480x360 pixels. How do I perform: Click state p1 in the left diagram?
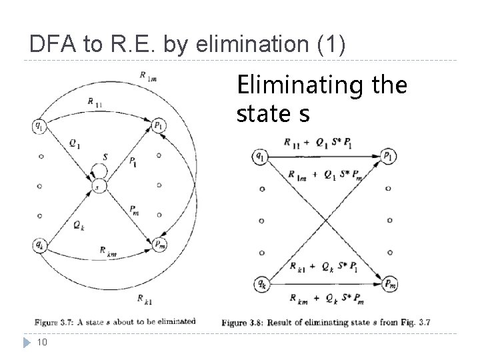tap(159, 124)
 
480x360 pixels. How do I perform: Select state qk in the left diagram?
tap(41, 245)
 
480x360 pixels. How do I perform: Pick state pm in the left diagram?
tap(159, 245)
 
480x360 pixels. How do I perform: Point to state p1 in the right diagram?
tap(388, 156)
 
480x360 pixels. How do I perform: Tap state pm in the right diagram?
tap(388, 285)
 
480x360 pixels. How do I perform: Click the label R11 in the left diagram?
tap(94, 101)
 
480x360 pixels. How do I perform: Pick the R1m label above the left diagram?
tap(147, 75)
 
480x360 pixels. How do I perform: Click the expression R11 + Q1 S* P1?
tap(319, 141)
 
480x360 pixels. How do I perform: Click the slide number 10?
tap(41, 342)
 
